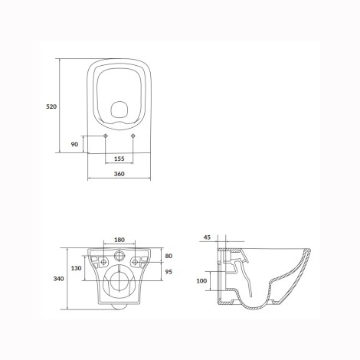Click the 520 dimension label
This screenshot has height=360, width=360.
coord(51,106)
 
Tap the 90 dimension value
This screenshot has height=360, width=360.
coord(74,144)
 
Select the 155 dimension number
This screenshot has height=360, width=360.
coord(119,159)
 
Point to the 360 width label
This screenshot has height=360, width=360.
coord(119,174)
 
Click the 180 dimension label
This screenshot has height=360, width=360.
coord(119,240)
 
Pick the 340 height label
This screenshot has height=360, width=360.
coord(58,279)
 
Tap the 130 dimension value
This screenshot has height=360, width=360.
coord(77,268)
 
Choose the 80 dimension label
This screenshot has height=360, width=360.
coord(169,256)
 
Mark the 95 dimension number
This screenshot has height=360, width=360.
coord(169,272)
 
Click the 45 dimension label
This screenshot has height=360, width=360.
coord(207,237)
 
